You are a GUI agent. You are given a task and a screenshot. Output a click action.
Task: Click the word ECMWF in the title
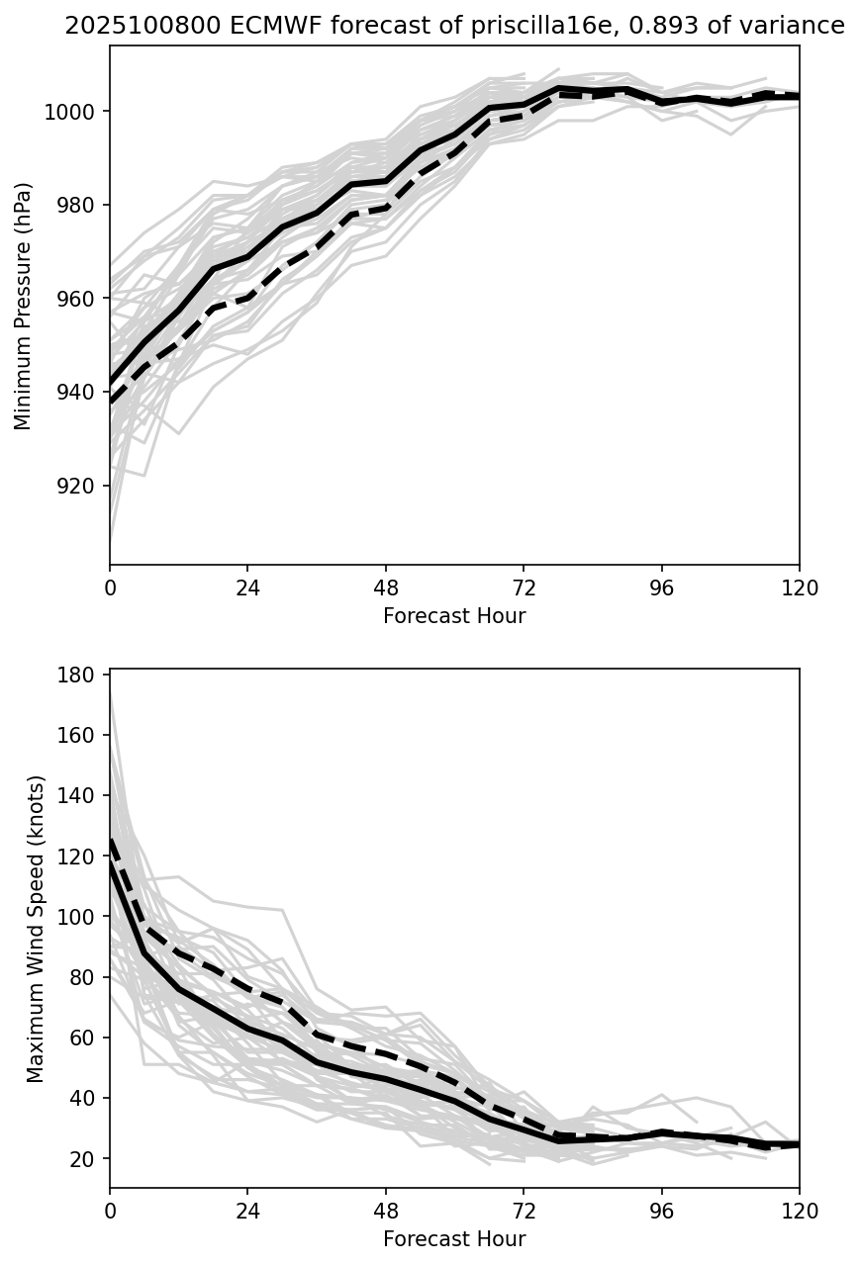(226, 27)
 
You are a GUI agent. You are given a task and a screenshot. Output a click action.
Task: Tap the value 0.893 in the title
(662, 27)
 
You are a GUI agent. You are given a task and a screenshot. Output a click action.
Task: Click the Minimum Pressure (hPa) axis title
(24, 306)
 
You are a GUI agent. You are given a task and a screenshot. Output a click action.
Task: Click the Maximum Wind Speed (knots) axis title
(36, 929)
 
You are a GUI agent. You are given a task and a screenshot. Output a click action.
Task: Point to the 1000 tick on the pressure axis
(71, 112)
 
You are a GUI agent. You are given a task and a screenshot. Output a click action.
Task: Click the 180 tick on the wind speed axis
(80, 675)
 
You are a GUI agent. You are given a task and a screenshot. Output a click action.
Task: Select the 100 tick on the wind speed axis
(80, 917)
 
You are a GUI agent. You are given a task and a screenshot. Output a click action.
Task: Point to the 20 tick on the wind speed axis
(85, 1158)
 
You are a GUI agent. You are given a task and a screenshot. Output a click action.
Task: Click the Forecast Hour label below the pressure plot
(454, 616)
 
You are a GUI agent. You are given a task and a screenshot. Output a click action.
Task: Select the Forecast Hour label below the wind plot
(454, 1238)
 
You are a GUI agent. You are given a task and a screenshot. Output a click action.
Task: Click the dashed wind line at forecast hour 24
(247, 988)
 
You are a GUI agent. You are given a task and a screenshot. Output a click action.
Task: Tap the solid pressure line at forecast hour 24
(247, 257)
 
